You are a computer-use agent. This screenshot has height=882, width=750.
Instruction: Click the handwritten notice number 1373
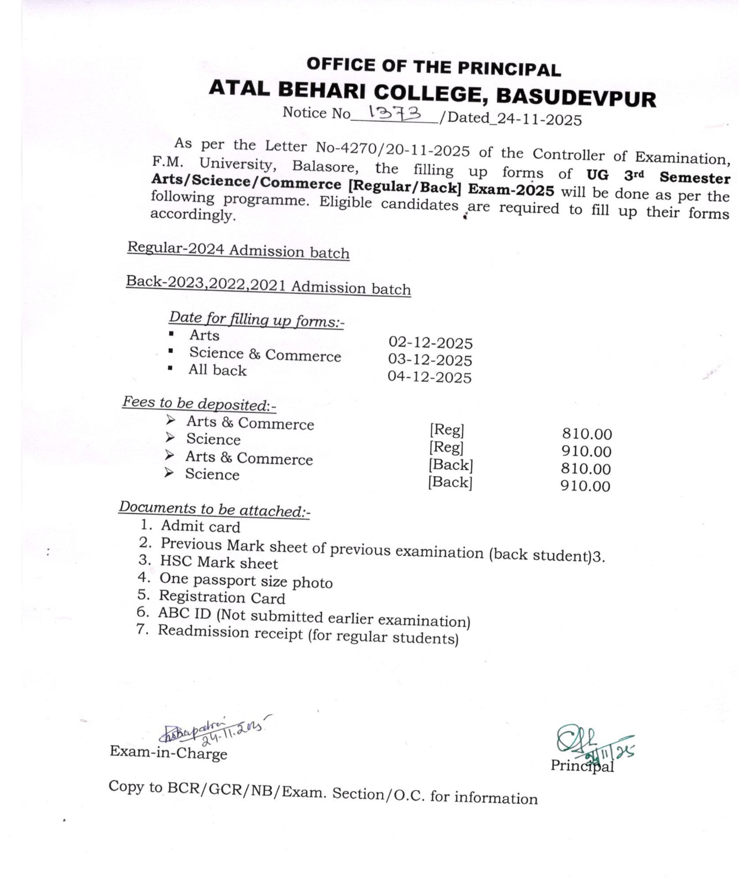pos(394,114)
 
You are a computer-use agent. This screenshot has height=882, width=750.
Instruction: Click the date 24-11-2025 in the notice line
pos(539,119)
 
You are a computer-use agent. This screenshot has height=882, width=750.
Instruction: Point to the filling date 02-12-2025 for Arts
pos(431,343)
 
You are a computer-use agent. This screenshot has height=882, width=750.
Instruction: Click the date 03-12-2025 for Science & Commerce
pos(430,360)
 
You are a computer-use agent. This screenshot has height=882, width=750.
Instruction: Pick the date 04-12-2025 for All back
pos(430,377)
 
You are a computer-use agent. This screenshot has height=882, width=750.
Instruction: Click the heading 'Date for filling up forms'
pos(256,320)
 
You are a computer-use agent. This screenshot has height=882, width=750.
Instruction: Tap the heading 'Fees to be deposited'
pos(199,404)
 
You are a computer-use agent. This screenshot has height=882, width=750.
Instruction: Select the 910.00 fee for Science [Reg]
pos(586,451)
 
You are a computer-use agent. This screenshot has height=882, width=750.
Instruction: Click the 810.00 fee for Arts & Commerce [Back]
pos(586,469)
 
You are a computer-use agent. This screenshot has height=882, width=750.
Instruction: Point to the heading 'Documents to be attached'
pos(214,509)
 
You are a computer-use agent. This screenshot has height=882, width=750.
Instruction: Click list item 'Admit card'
pos(200,527)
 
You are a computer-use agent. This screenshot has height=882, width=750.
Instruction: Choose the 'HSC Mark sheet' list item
pos(219,563)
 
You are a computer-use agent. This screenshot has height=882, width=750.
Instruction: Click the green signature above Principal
pos(590,744)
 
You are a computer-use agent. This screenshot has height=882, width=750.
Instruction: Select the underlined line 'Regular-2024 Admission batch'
pos(238,250)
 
